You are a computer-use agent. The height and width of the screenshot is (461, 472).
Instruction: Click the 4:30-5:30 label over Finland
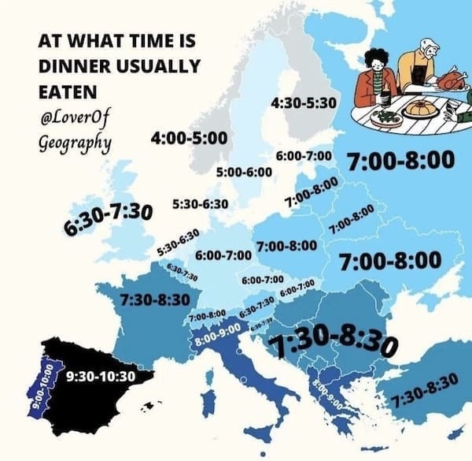[x=303, y=103]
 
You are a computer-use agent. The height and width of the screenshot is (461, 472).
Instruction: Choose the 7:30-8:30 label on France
[x=156, y=299]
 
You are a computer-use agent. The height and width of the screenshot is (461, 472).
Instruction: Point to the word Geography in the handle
[x=74, y=143]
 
